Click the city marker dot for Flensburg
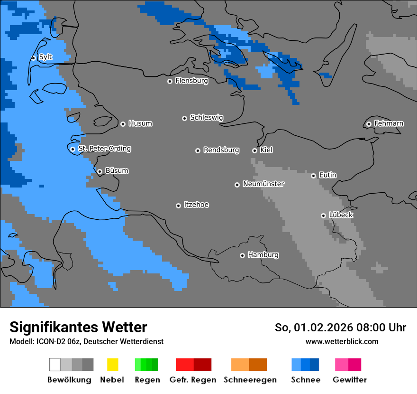tap(170, 81)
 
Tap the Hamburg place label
tap(263, 255)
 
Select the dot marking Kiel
tap(254, 150)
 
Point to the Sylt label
tap(45, 57)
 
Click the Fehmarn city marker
tap(369, 124)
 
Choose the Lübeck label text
tap(341, 215)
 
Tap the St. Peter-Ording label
tap(104, 149)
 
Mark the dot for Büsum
tap(100, 171)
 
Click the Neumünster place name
tap(263, 184)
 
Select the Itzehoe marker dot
tap(178, 206)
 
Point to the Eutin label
tap(327, 175)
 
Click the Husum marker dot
tap(123, 124)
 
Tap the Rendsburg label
tap(221, 150)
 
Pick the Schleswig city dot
tap(184, 118)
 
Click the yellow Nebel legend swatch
tap(112, 365)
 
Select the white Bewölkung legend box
tap(55, 365)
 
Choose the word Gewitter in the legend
tap(350, 380)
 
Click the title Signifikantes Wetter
tap(78, 328)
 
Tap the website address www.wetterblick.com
tap(342, 341)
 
